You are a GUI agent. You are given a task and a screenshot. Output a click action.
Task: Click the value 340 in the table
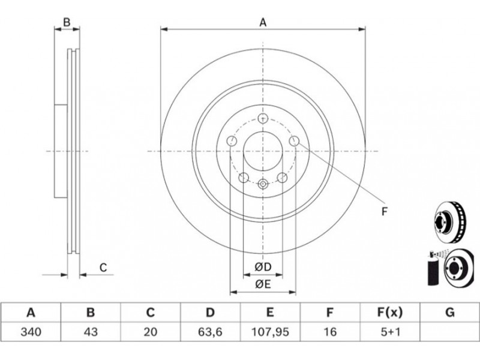pos(31,332)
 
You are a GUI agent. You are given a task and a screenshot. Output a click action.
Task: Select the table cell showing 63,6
pos(210,332)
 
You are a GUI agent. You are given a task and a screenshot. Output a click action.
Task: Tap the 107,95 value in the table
pos(270,332)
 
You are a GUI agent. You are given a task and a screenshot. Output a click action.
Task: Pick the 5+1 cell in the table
pos(389,332)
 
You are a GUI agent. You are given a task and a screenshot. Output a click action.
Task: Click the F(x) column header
pos(389,313)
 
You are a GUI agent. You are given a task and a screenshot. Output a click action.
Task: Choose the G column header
pos(449,313)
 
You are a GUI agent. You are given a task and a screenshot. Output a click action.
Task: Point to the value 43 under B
pos(91,332)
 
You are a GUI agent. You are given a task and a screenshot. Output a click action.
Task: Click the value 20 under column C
pos(151,332)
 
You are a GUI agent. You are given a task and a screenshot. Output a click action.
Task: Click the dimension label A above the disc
pos(263,22)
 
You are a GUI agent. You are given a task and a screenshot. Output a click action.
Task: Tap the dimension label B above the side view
pos(67,22)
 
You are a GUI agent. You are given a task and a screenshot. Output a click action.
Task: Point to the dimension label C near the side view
pos(103,268)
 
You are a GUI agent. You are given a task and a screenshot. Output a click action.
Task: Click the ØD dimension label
pos(263,267)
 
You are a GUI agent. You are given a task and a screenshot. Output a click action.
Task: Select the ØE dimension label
pos(263,284)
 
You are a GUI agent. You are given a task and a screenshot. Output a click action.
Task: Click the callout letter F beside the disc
pos(385,211)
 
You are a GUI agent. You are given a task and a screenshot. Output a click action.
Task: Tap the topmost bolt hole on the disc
pos(263,118)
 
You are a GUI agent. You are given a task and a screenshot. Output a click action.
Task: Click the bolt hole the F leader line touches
pos(294,141)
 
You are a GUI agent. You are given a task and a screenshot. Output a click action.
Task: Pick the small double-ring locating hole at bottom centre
pos(263,184)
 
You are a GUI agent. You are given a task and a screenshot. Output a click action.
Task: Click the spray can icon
pos(433,268)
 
